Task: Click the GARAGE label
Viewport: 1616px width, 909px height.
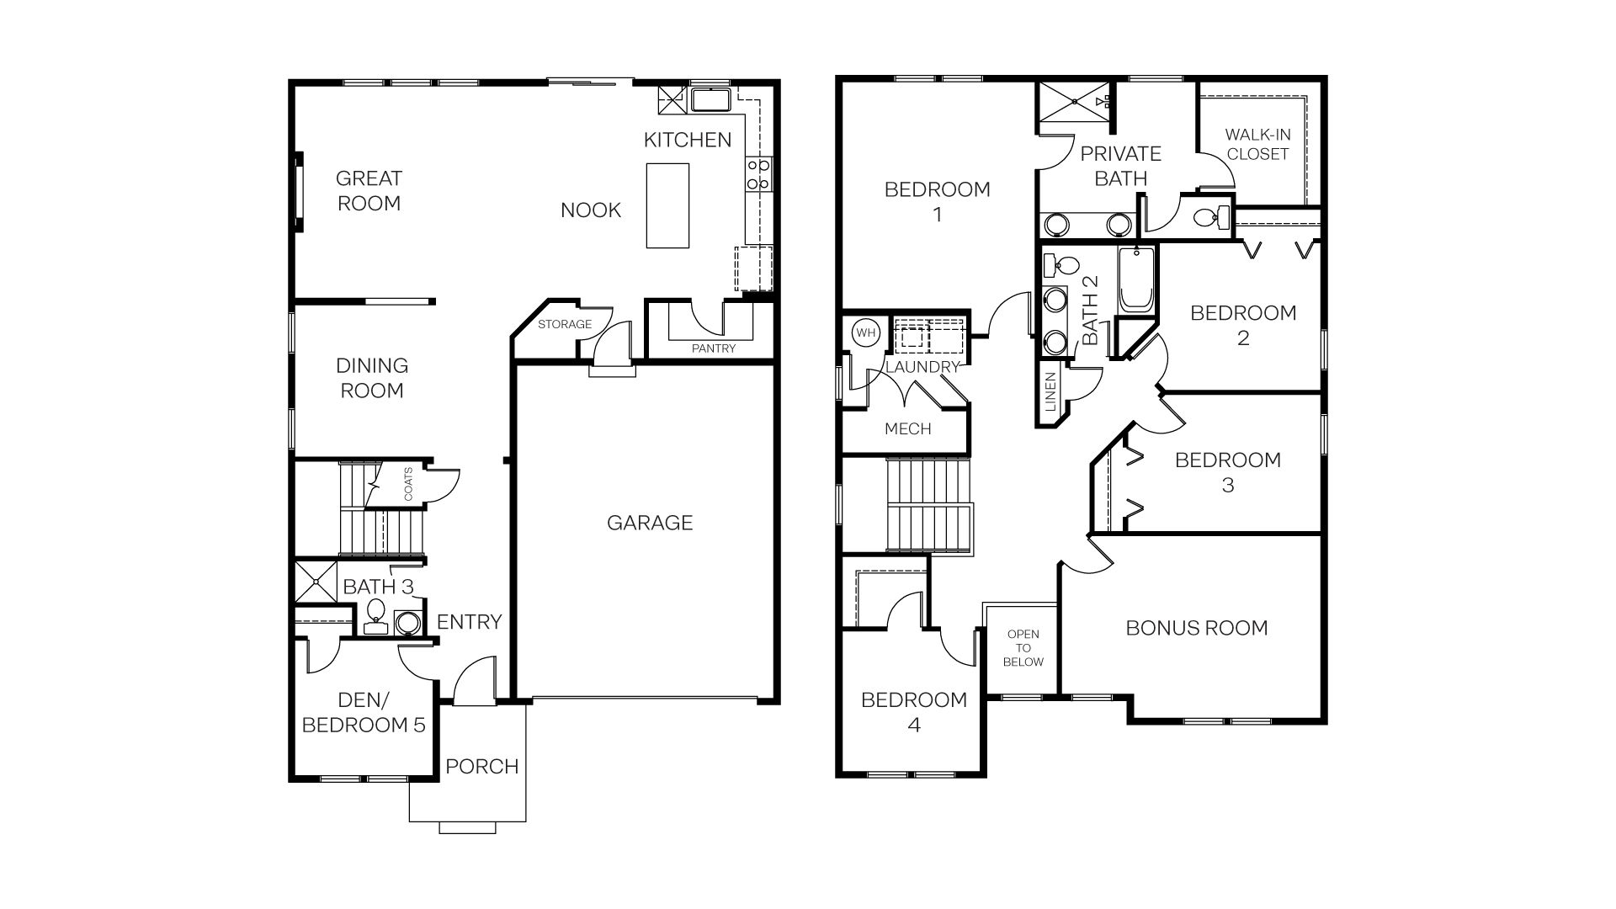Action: click(650, 523)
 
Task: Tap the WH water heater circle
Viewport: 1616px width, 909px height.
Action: click(865, 332)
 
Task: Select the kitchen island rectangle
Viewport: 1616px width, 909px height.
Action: click(667, 205)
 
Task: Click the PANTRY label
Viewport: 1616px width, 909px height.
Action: click(714, 348)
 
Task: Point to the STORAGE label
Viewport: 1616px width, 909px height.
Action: click(565, 324)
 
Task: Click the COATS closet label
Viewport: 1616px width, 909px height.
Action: click(409, 484)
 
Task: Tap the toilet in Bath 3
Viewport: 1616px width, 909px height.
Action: click(375, 614)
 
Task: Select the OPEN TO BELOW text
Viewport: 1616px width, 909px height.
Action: click(1023, 648)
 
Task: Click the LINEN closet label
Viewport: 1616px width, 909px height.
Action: click(1050, 392)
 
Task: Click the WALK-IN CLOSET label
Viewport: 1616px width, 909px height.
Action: click(1257, 144)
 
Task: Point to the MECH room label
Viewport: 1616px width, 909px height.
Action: click(907, 429)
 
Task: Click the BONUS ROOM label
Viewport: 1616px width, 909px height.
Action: click(1196, 628)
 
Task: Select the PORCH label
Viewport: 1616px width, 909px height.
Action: click(481, 767)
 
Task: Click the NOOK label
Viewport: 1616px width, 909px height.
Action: click(591, 210)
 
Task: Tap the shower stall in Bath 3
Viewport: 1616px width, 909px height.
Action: click(315, 581)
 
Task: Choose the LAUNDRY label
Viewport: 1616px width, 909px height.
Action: click(922, 367)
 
